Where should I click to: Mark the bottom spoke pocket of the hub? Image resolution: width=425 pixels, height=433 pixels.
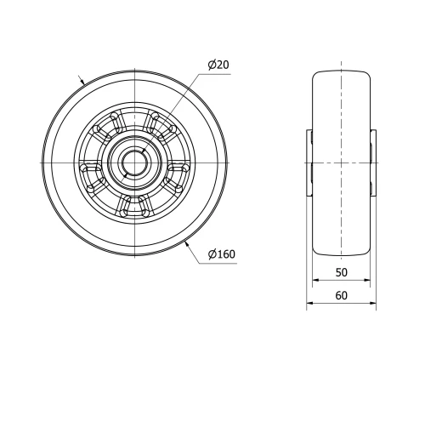click(x=134, y=202)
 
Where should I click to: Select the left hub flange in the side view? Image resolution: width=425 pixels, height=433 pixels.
click(x=309, y=162)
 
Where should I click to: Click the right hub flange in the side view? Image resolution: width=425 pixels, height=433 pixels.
click(x=372, y=162)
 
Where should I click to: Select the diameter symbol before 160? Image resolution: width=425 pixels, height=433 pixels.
click(x=209, y=253)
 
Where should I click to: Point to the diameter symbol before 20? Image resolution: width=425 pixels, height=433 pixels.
click(x=210, y=66)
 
